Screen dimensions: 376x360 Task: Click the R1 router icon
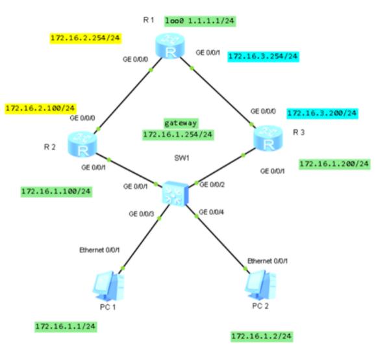pos(170,45)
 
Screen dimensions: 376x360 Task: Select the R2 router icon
pos(82,144)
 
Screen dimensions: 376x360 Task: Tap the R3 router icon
pos(268,138)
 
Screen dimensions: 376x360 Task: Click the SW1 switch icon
pos(175,194)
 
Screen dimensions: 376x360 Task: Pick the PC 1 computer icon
pos(109,286)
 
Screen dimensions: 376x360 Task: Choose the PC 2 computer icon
pos(260,285)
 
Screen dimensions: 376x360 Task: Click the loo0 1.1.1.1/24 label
pos(200,21)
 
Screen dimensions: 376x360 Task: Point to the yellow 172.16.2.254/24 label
pos(85,38)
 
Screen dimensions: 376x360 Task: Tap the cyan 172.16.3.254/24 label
pos(263,57)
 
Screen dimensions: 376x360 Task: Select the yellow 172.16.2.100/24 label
pos(40,109)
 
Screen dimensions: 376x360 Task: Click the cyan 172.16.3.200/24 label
pos(322,113)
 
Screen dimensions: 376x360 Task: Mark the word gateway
pos(181,123)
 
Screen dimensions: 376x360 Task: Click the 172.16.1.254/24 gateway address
pos(178,135)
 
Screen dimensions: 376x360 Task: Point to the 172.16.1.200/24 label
pos(334,164)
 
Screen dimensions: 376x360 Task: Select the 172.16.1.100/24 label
pos(56,192)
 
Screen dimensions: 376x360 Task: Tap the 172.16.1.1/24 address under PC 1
pos(66,326)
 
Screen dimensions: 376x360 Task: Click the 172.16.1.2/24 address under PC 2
pos(262,336)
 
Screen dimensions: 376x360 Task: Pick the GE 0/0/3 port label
pos(141,214)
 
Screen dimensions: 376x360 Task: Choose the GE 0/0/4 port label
pos(211,212)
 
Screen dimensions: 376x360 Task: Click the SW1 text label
pos(182,158)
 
